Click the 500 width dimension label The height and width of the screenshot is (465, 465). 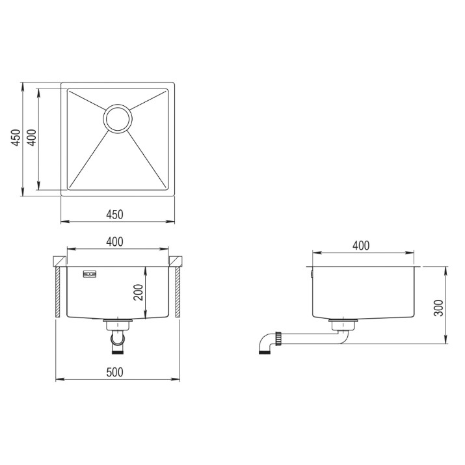114,372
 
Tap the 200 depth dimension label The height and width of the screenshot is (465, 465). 138,293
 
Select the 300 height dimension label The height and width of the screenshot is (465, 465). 438,308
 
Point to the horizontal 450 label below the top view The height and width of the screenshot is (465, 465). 114,215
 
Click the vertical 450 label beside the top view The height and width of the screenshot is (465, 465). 16,137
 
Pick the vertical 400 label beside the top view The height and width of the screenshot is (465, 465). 32,137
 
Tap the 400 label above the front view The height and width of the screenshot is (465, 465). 114,242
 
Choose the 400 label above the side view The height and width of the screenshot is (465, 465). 361,246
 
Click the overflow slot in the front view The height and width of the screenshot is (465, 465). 90,274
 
